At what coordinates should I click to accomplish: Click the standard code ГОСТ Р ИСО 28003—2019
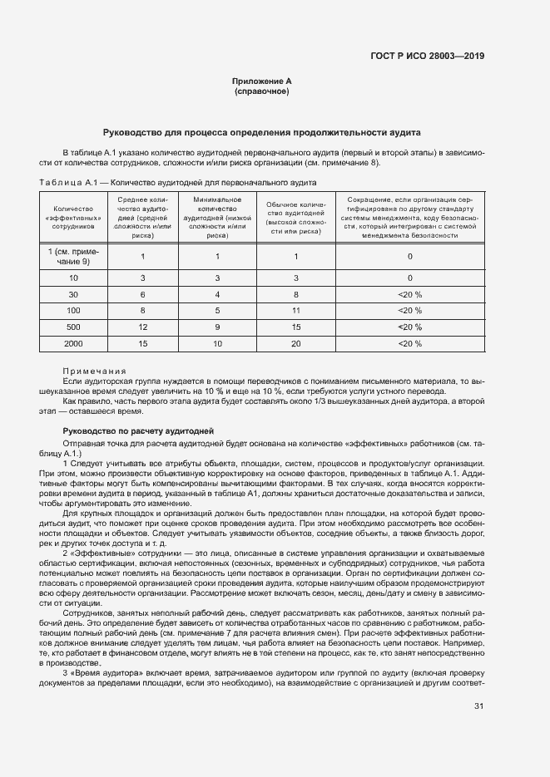[427, 57]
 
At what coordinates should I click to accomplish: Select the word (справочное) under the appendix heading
[261, 91]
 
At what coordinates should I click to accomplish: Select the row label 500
[74, 327]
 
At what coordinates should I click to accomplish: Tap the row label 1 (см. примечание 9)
[74, 256]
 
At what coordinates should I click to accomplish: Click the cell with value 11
[295, 310]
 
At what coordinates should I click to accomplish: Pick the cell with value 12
[143, 327]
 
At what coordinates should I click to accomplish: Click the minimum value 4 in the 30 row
[217, 293]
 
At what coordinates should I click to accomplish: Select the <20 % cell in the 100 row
[409, 310]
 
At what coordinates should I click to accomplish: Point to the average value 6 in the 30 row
[143, 293]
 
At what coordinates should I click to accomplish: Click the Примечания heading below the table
[94, 371]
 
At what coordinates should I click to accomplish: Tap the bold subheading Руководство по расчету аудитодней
[139, 430]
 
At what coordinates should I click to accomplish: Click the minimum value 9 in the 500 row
[217, 327]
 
